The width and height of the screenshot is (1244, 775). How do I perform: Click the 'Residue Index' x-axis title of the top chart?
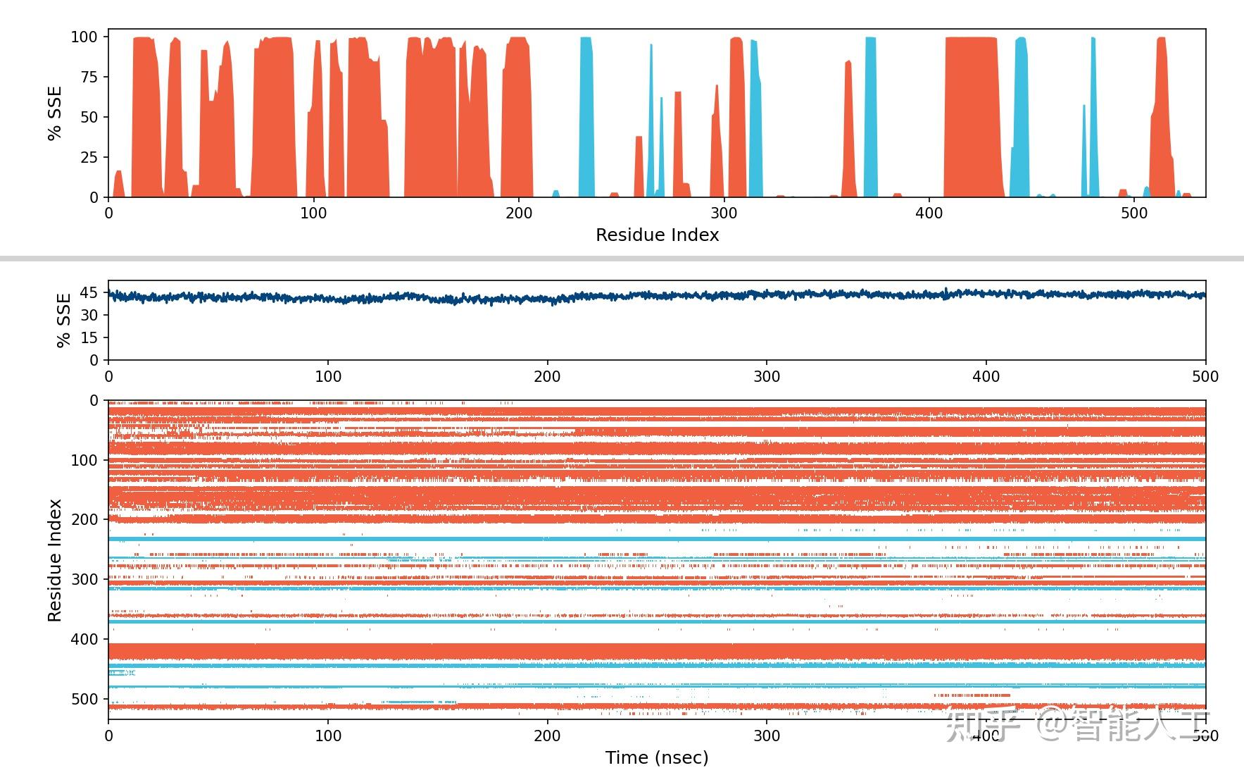[x=657, y=235]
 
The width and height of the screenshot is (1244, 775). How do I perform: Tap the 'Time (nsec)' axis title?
[x=657, y=757]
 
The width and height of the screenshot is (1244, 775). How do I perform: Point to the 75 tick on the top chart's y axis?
[x=89, y=77]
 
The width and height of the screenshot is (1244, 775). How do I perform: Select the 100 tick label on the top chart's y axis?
[x=85, y=37]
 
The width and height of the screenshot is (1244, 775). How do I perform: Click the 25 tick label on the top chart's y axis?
[x=89, y=157]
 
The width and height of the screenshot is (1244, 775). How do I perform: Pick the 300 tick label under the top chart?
[x=724, y=213]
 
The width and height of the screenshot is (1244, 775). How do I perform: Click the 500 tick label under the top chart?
[x=1133, y=213]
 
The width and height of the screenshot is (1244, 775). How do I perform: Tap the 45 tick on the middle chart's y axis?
[x=89, y=292]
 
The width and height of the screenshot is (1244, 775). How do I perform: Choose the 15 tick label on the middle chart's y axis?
[x=89, y=337]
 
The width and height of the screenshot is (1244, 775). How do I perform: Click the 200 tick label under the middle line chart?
[x=547, y=377]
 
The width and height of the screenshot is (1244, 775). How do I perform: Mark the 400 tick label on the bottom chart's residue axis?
[x=85, y=640]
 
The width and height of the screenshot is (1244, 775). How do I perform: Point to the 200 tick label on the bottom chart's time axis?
[x=547, y=736]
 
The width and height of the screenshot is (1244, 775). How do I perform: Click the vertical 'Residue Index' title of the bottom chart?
[x=55, y=560]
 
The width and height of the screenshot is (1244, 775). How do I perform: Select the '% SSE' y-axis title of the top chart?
[x=55, y=113]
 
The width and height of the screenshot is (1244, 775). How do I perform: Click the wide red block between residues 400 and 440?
[x=972, y=120]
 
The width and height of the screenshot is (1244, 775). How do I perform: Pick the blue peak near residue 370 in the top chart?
[x=871, y=120]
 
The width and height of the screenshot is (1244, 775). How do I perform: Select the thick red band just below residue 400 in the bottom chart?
[x=657, y=651]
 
